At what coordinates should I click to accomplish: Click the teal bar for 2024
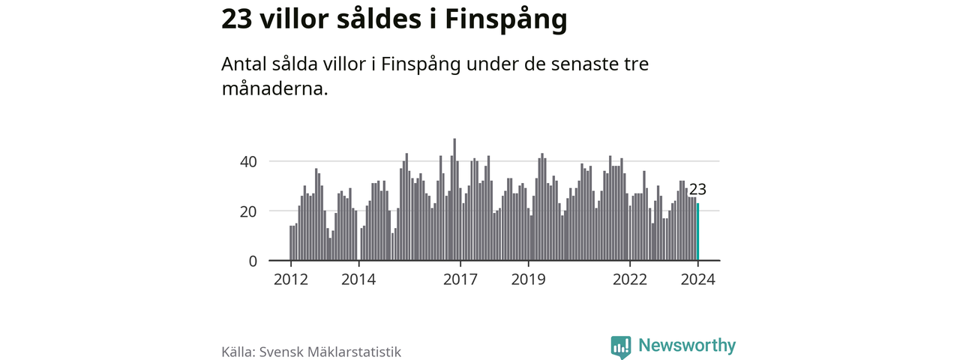698,232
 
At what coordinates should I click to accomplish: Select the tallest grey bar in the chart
454,200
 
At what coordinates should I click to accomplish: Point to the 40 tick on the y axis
248,161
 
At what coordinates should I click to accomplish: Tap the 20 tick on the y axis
248,211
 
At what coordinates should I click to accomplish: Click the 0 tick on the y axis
253,261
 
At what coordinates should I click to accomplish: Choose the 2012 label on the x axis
291,280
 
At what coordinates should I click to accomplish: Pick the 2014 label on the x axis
358,280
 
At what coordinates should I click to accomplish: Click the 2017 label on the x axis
460,280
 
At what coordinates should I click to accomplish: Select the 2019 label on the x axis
528,280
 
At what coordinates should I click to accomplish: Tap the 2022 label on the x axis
630,280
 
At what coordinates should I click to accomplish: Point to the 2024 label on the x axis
697,280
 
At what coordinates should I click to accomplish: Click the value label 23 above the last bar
697,190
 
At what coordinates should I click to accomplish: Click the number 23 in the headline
236,20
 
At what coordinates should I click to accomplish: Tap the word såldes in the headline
376,20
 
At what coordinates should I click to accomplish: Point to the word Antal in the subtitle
243,64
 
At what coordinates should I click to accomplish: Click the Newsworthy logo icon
620,346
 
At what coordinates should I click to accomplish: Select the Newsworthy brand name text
687,346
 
